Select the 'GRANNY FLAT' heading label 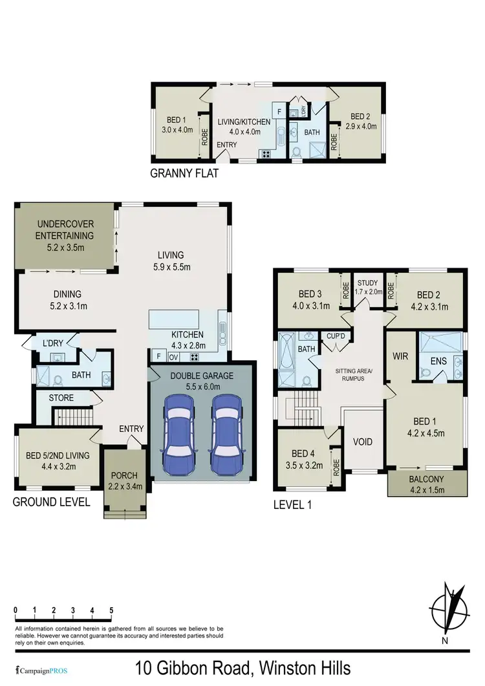coord(184,173)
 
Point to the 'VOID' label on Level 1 coord(363,442)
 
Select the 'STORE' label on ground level coord(61,398)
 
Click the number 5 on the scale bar coord(112,610)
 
